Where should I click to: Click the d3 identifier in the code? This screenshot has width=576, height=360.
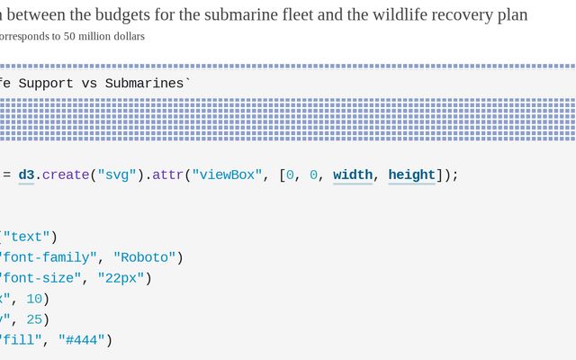coord(26,175)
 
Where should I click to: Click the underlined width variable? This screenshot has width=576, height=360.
coord(353,175)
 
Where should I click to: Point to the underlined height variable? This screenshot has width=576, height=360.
coord(412,175)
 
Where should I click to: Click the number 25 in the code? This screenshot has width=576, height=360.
coord(34,319)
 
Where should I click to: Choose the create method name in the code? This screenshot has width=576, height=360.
coord(66,175)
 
